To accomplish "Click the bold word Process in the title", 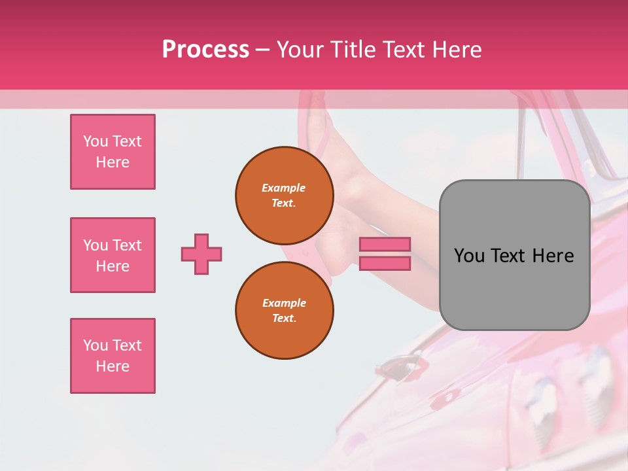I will [x=205, y=50].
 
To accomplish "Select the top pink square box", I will [x=113, y=152].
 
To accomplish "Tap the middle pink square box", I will [x=113, y=255].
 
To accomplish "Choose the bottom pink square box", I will [x=113, y=356].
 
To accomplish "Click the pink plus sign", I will [x=201, y=254].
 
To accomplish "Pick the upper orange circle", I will [x=285, y=195].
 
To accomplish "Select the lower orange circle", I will [x=285, y=310].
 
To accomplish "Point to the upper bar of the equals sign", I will [x=385, y=245].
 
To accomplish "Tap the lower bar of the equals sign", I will [x=385, y=263].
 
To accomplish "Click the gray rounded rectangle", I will [x=514, y=255].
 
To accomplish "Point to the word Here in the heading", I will [x=457, y=50].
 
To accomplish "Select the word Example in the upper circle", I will [x=284, y=188].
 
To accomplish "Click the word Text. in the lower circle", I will [x=284, y=318].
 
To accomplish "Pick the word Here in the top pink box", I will [x=113, y=162].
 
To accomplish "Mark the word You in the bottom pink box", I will [x=96, y=345].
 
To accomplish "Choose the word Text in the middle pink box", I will [x=127, y=245].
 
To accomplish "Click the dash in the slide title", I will [x=262, y=50].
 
